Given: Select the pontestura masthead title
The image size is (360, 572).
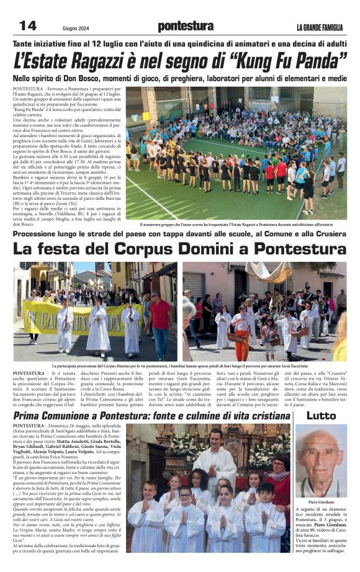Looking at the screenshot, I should pyautogui.click(x=185, y=26).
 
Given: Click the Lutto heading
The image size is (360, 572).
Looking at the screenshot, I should pyautogui.click(x=321, y=415).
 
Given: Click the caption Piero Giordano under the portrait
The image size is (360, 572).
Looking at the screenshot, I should pyautogui.click(x=321, y=502).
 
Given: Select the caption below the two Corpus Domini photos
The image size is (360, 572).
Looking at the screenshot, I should pyautogui.click(x=179, y=367).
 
